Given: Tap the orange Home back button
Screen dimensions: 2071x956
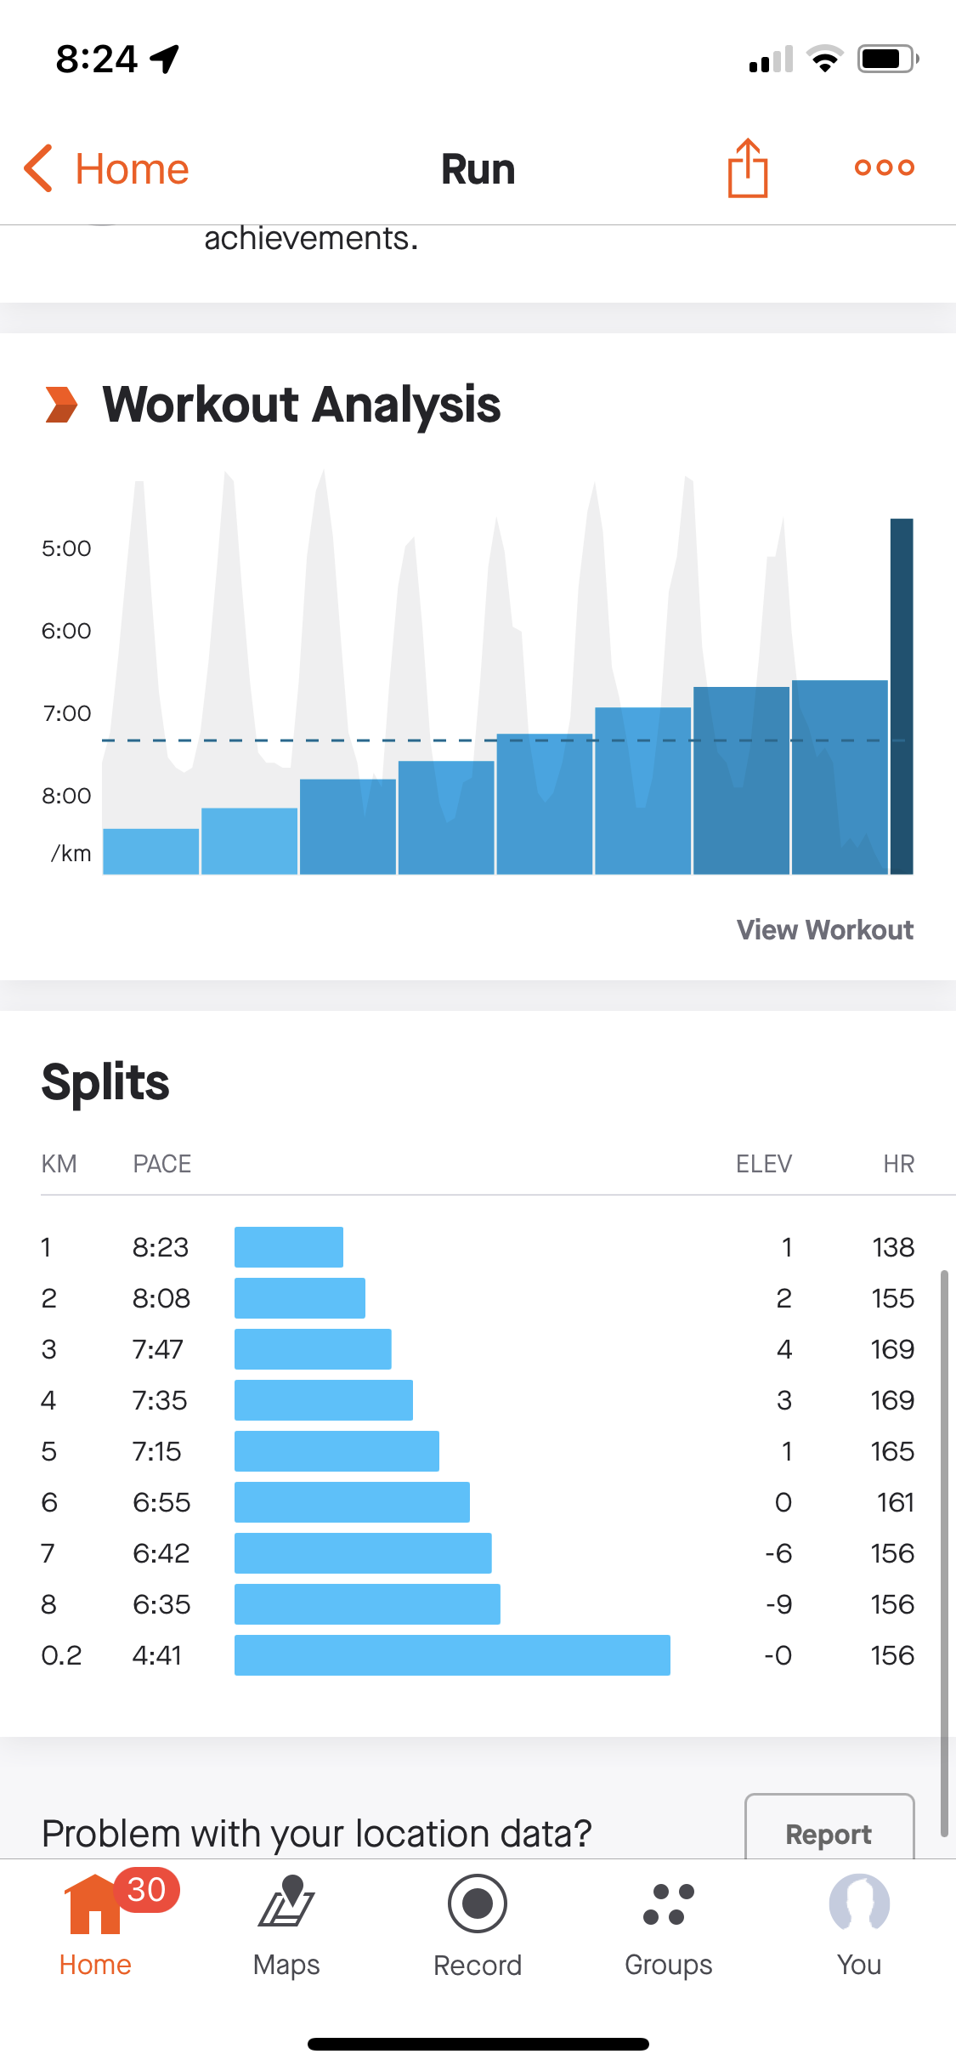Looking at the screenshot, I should pyautogui.click(x=107, y=168).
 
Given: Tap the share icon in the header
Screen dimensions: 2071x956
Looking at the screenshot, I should pyautogui.click(x=748, y=168).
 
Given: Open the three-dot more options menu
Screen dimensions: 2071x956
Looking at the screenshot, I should pyautogui.click(x=884, y=167).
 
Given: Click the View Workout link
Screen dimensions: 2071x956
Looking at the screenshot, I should pyautogui.click(x=824, y=929).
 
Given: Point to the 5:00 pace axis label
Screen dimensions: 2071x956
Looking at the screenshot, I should pyautogui.click(x=66, y=548).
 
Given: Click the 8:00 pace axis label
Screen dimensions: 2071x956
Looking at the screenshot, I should pyautogui.click(x=66, y=796).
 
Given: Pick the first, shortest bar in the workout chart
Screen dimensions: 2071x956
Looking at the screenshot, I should pyautogui.click(x=151, y=851).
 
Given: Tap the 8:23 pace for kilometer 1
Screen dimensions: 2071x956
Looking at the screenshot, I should pyautogui.click(x=160, y=1247).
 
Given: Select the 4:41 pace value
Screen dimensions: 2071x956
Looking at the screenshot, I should pyautogui.click(x=157, y=1655).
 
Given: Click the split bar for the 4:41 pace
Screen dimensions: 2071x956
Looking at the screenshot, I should pyautogui.click(x=452, y=1655).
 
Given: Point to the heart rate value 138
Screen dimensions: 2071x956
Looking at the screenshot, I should pyautogui.click(x=893, y=1247).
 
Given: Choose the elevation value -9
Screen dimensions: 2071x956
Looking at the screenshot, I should pyautogui.click(x=778, y=1604).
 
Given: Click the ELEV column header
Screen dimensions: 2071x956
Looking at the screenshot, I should pyautogui.click(x=763, y=1164).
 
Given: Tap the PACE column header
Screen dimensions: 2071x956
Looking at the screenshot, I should pyautogui.click(x=161, y=1164).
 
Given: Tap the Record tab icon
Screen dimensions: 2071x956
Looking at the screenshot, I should pyautogui.click(x=478, y=1904).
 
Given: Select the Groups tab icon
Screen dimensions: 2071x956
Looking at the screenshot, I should pyautogui.click(x=669, y=1904).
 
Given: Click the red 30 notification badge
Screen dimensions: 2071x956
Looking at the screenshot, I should pyautogui.click(x=146, y=1889).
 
